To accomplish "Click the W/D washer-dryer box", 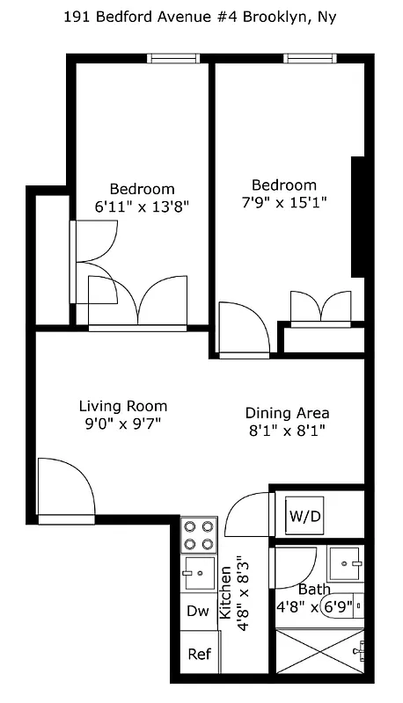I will tap(304, 516).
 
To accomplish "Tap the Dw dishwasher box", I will tap(198, 612).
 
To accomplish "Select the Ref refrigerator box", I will tap(199, 656).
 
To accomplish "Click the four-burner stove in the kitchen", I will tap(199, 535).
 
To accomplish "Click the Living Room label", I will tap(122, 407).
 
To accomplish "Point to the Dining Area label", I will tap(287, 413).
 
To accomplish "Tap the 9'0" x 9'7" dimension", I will tap(122, 424).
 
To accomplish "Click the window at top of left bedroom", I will tap(173, 59).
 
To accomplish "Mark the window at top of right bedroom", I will tap(310, 59).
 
